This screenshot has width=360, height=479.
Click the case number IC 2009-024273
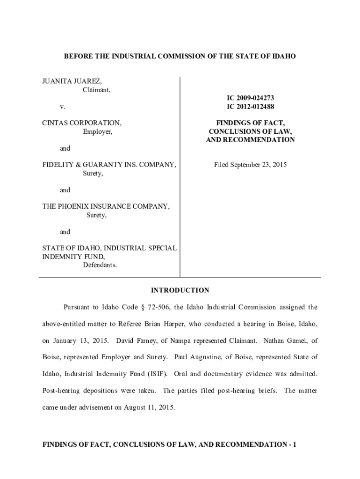coord(250,98)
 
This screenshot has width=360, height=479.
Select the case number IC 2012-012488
coord(250,106)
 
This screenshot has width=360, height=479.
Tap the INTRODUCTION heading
coord(180,290)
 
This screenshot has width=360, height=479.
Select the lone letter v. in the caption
coord(62,107)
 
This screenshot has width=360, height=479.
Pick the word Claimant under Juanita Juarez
coord(97,90)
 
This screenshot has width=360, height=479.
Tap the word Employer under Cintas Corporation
coord(98,131)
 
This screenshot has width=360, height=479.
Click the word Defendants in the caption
coord(100,265)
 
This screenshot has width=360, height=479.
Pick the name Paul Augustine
coord(196,357)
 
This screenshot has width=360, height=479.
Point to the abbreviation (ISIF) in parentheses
coord(158,374)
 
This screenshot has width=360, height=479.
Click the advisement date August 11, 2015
coord(149,407)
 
